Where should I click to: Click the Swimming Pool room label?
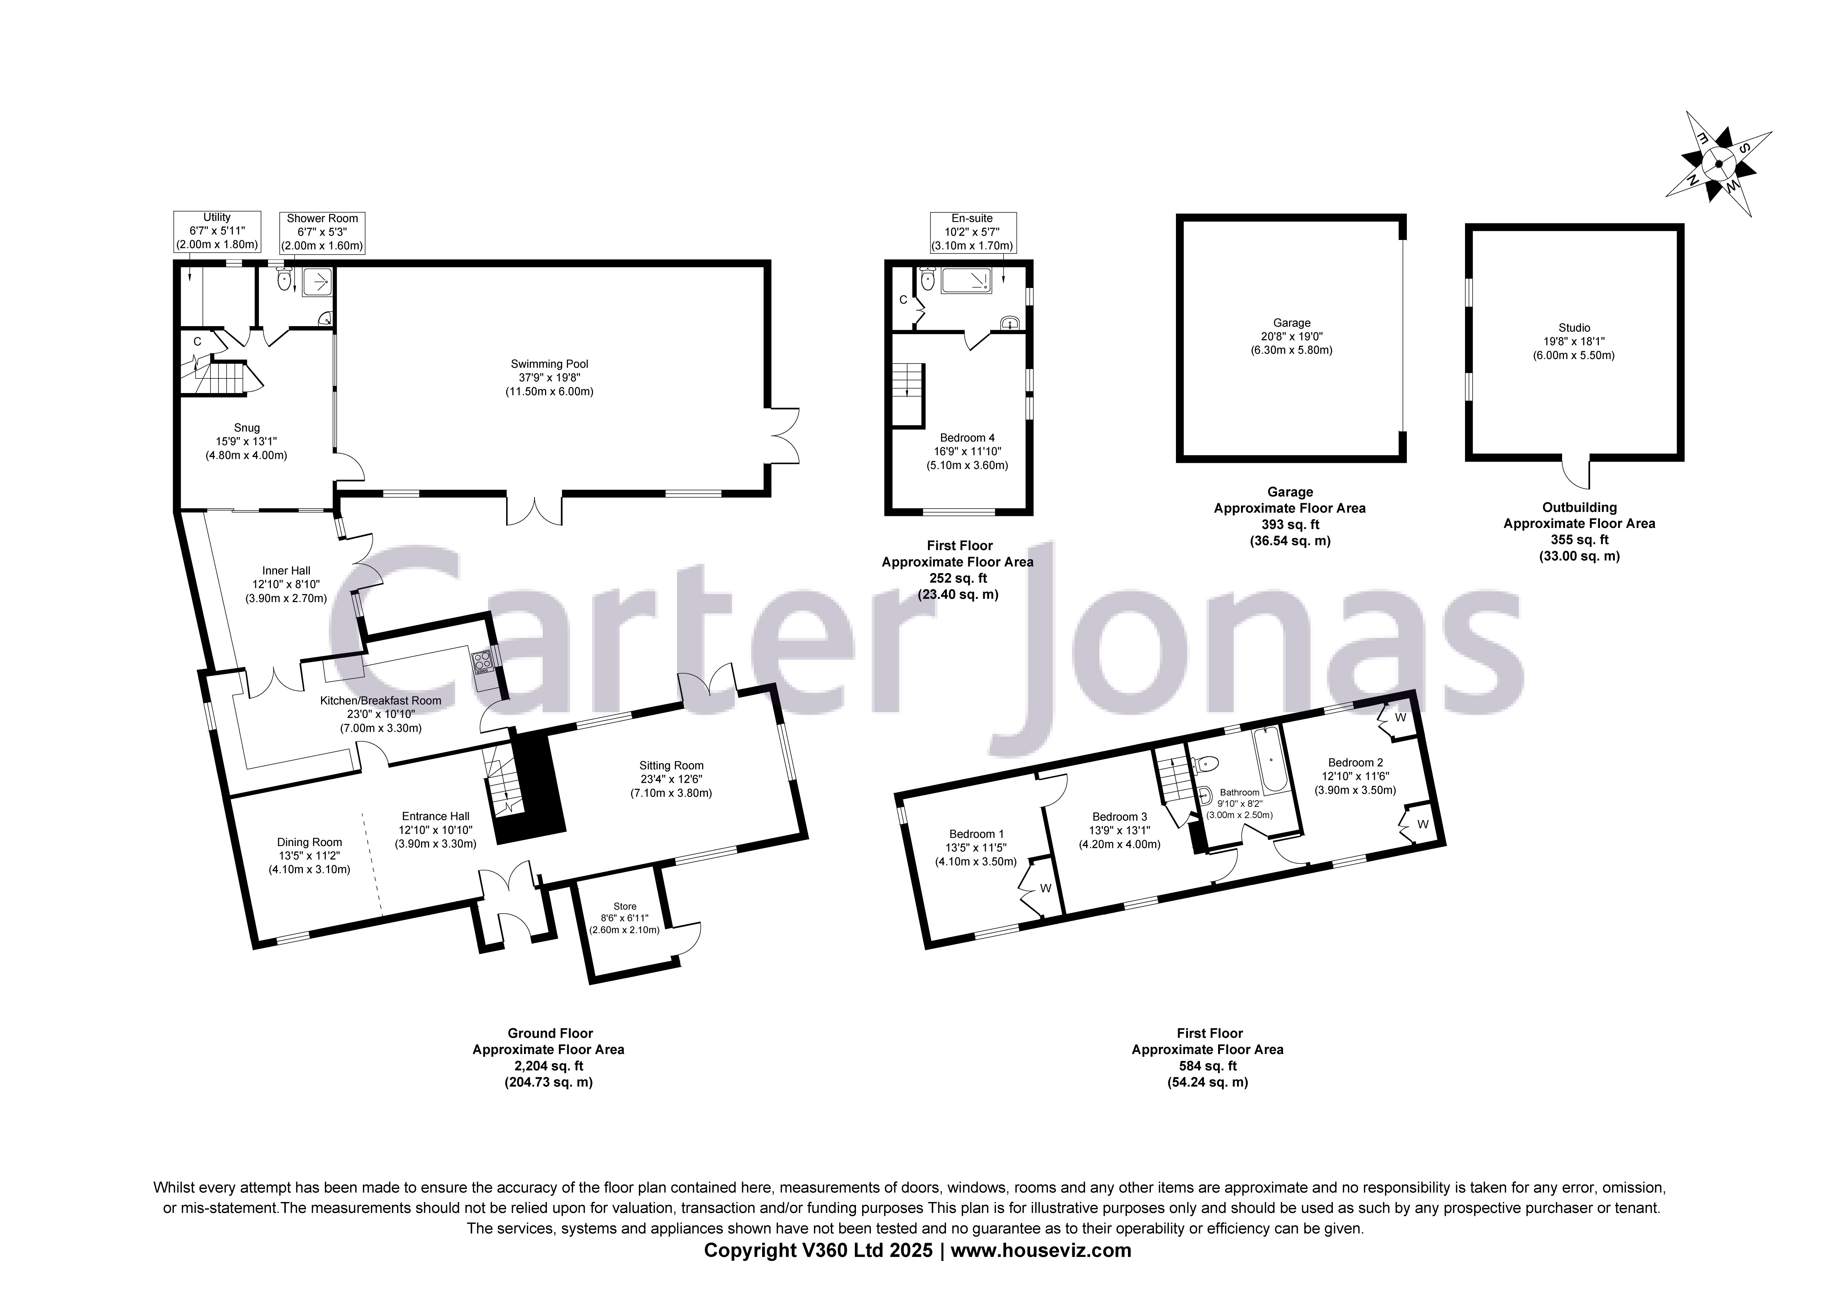coord(549,378)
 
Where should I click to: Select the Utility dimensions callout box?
coord(217,231)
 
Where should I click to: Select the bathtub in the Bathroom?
coord(1270,759)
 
